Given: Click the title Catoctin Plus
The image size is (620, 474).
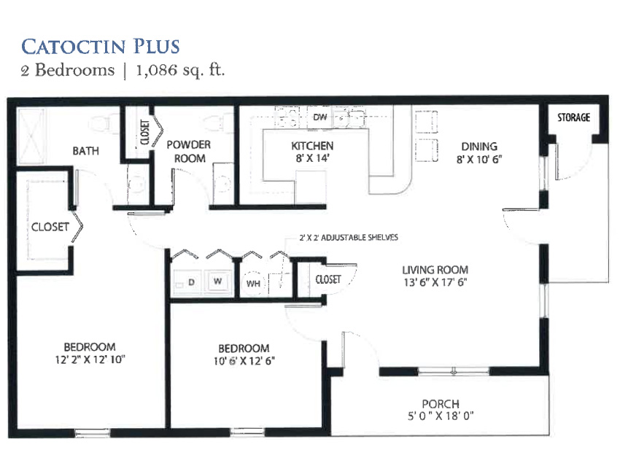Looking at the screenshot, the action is coord(101,46).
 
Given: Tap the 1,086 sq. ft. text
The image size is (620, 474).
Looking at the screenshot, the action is coord(180,70).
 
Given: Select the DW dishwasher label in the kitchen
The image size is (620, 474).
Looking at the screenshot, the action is coord(320,117).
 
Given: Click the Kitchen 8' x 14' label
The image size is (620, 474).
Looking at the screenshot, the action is coord(312,152).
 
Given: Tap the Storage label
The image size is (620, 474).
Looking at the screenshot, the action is coord(574,117).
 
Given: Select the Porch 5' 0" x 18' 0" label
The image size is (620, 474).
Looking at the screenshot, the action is coord(441,410).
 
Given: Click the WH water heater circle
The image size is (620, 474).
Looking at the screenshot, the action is coord(253,284).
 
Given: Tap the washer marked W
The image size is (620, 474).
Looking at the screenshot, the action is coord(217,281).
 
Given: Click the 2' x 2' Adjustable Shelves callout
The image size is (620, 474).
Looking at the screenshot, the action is coord(349,237).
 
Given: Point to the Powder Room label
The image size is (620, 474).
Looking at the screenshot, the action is coord(189,152).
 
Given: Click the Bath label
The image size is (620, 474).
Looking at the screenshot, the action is coord(86,151).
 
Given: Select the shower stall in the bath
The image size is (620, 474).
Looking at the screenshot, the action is coord(31,136).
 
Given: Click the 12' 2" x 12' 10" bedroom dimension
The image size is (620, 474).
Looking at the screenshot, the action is coord(90,360).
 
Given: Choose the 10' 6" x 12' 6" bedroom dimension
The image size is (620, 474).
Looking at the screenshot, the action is coord(244,360).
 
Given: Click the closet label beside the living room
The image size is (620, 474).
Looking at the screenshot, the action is coord(328,279).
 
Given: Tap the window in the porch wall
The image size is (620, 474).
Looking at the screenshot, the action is coord(454,371).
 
